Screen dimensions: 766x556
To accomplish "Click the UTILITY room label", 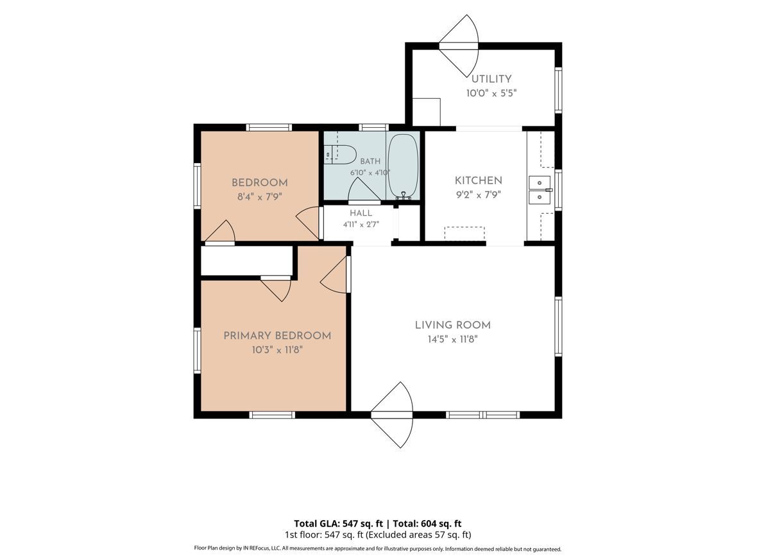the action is click(x=491, y=79).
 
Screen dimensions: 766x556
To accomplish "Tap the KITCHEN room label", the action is click(x=478, y=180).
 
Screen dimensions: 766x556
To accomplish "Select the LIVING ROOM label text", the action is click(x=453, y=325).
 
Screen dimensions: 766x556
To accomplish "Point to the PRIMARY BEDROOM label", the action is click(x=277, y=336).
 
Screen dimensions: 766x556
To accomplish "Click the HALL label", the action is click(x=361, y=213).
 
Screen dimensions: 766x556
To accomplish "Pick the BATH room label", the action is click(x=370, y=161).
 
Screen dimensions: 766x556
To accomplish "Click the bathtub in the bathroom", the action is click(x=403, y=166).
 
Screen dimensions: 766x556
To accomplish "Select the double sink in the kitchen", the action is click(x=540, y=190).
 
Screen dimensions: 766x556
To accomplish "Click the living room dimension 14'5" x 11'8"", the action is click(x=452, y=340).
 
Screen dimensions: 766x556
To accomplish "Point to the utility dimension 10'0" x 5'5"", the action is click(x=491, y=93).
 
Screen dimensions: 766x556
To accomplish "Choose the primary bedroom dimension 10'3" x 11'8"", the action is click(x=278, y=350).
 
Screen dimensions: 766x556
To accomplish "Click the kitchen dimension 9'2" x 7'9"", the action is click(x=478, y=195).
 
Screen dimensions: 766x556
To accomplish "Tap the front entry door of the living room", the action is click(x=392, y=415).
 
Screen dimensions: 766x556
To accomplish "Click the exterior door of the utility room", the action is click(x=459, y=46).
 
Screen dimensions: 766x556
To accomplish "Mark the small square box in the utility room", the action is click(x=427, y=112).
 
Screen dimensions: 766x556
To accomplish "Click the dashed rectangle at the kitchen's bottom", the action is click(x=464, y=233).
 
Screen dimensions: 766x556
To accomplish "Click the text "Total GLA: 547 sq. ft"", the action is click(x=339, y=524).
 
